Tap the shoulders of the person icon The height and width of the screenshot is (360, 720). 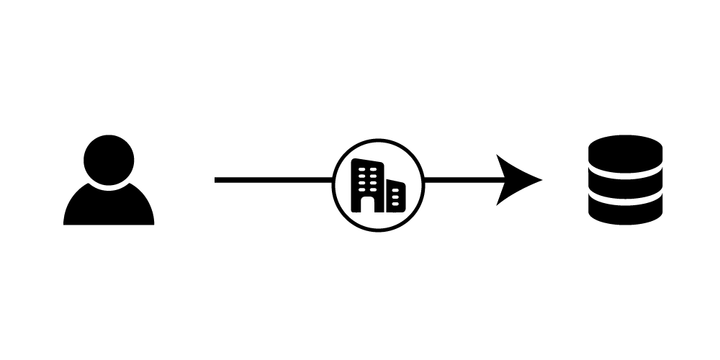click(109, 209)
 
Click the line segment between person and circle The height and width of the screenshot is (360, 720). click(274, 180)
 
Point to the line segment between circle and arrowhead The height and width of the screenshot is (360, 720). click(461, 180)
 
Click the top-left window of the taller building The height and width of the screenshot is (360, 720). click(361, 169)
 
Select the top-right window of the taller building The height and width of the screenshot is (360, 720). click(373, 169)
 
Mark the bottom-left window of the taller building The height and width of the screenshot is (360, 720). click(361, 189)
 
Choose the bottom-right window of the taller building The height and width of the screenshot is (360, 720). click(373, 189)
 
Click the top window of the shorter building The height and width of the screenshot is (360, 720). click(395, 190)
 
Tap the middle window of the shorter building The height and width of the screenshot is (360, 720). click(395, 197)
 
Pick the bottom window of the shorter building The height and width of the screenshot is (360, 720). click(395, 204)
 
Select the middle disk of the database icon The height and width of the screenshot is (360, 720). click(625, 186)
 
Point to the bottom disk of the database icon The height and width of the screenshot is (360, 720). click(625, 212)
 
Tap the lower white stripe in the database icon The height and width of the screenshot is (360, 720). click(625, 201)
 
